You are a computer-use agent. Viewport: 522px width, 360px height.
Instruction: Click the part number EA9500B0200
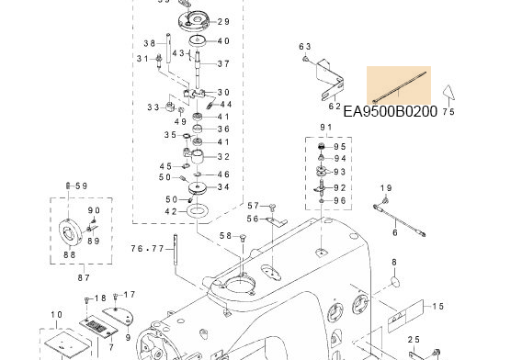click(x=391, y=111)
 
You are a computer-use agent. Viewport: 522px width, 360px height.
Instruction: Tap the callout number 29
click(x=223, y=21)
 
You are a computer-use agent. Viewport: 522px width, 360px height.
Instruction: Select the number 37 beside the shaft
click(x=223, y=63)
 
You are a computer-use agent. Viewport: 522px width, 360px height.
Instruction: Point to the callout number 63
click(x=305, y=47)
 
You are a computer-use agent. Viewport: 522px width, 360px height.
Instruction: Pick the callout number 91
click(x=325, y=127)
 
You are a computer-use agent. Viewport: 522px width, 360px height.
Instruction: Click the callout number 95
click(x=340, y=147)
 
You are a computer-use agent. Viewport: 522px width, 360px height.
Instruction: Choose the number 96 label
click(x=340, y=200)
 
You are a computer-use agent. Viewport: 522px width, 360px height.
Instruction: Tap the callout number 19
click(x=386, y=188)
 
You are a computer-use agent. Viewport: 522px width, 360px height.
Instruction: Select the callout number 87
click(x=83, y=277)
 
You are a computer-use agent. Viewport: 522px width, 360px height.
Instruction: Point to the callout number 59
click(x=81, y=186)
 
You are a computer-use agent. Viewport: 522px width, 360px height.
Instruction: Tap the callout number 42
click(x=170, y=211)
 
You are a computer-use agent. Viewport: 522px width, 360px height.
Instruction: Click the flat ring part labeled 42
click(x=198, y=212)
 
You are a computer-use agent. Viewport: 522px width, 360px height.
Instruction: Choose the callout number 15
click(x=438, y=306)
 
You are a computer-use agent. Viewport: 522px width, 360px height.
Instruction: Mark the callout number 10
click(x=56, y=315)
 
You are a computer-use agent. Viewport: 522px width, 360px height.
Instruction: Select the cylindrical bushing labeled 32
click(x=196, y=157)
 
